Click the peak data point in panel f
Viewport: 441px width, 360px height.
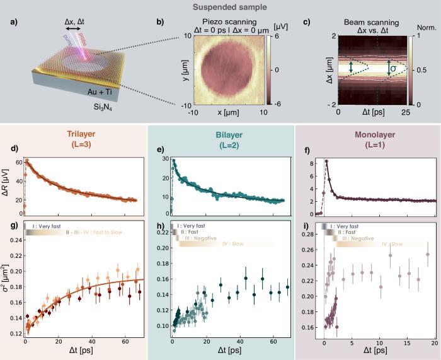tap(326, 161)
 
